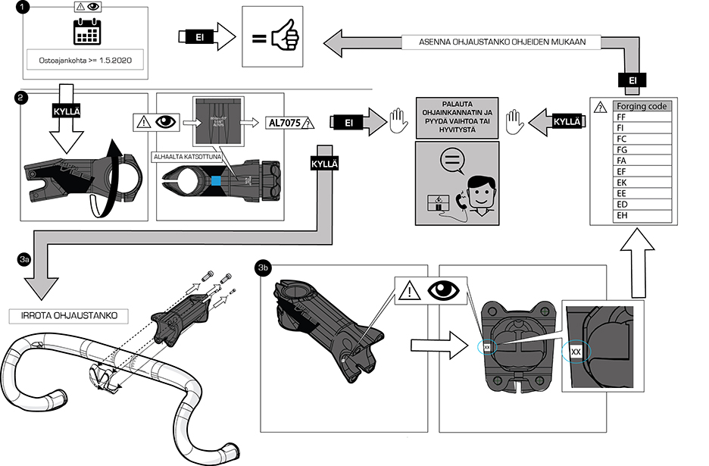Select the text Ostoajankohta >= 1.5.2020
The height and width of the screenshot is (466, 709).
[x=85, y=58]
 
